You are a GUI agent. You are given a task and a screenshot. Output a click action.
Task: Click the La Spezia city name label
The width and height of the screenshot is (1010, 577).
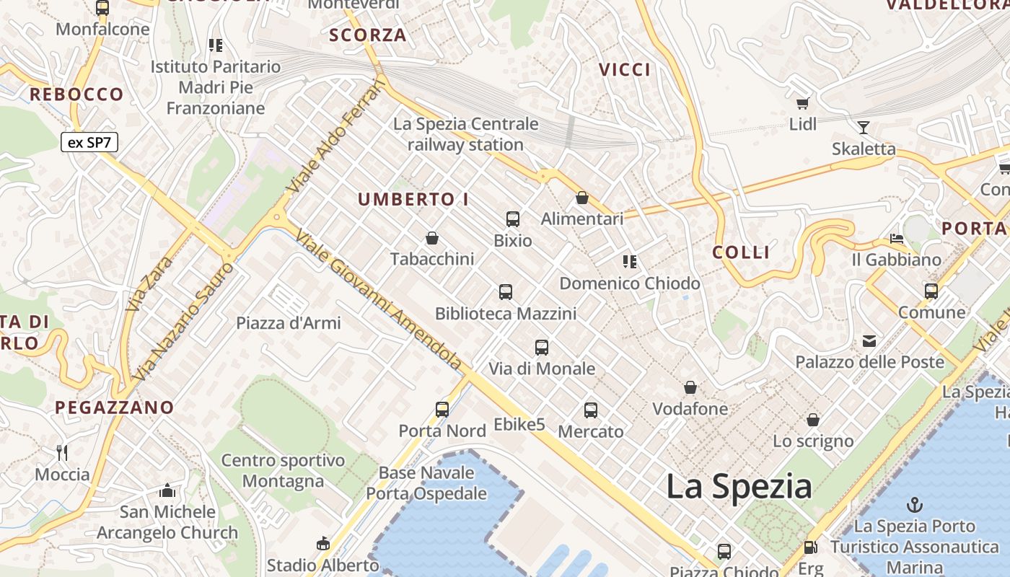tap(739, 487)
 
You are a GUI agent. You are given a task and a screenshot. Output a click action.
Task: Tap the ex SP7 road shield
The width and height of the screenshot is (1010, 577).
tap(89, 142)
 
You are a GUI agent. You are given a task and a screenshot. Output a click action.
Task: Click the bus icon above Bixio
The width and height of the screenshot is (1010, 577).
tap(513, 219)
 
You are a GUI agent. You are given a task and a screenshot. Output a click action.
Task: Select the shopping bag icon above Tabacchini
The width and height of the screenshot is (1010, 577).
tap(432, 237)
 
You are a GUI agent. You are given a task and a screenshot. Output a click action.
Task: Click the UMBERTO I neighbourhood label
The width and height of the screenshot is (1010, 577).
tap(413, 200)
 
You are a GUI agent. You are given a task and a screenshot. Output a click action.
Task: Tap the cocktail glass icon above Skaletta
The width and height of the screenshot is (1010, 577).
tap(863, 128)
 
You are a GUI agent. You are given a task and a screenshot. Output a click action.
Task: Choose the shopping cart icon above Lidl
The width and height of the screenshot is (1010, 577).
tap(802, 103)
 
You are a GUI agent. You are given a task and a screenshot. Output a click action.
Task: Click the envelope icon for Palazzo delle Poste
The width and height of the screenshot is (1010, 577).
tap(869, 340)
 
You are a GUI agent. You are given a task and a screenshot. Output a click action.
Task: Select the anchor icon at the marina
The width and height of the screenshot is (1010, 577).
tap(915, 504)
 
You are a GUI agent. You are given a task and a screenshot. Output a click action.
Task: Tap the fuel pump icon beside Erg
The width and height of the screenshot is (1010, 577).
tap(810, 548)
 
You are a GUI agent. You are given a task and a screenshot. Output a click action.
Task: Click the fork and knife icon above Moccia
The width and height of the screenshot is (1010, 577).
tap(62, 452)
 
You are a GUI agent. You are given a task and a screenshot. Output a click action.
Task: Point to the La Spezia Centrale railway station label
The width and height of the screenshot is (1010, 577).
tap(465, 134)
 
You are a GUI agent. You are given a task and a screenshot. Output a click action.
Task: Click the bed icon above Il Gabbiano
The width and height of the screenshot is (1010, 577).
tap(897, 238)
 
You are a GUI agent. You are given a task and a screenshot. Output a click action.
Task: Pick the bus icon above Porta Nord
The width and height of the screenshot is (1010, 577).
tap(442, 410)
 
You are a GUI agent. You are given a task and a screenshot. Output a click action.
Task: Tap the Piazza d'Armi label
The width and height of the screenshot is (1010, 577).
tap(289, 322)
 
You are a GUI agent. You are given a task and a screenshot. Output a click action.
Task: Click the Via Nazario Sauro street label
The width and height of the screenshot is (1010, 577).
tap(184, 321)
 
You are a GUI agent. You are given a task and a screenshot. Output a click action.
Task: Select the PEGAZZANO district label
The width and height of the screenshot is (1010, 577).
tap(115, 408)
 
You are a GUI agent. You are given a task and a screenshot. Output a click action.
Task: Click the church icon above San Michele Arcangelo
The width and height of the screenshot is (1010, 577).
tap(167, 490)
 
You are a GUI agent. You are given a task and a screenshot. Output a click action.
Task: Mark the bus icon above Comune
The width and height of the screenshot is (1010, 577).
tap(931, 291)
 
